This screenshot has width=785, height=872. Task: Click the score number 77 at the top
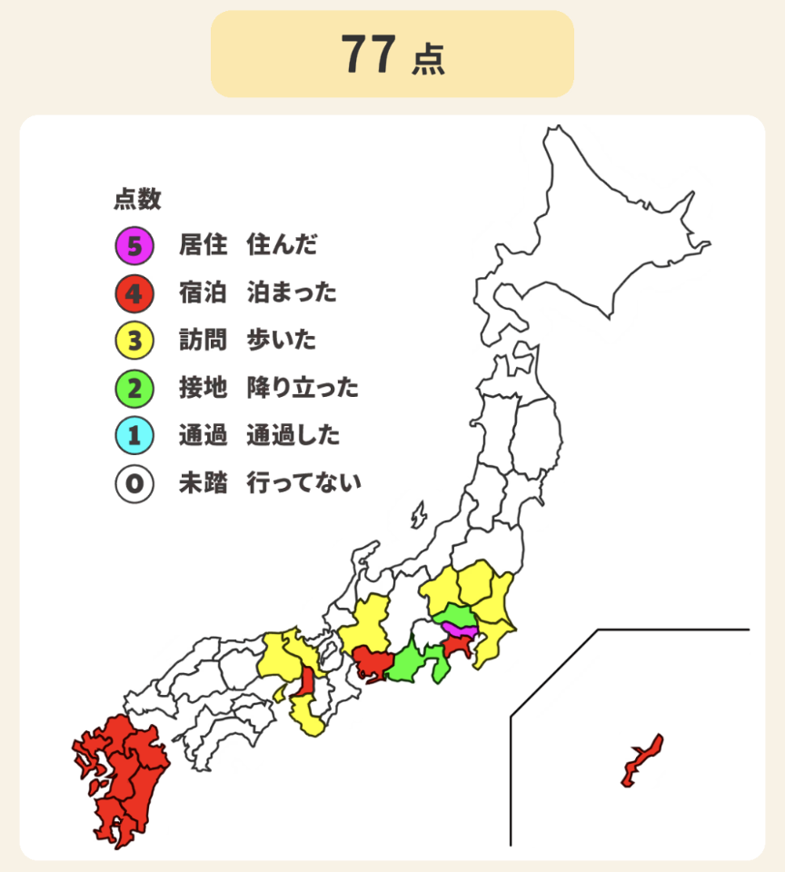click(x=368, y=54)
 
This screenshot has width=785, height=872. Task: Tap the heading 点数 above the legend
click(x=137, y=198)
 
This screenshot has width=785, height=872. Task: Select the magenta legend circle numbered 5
click(x=134, y=244)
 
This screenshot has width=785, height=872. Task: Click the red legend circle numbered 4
click(x=134, y=292)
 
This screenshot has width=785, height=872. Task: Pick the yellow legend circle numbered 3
click(x=134, y=341)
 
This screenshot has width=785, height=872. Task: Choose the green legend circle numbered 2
click(x=134, y=389)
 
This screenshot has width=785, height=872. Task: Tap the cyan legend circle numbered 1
click(x=134, y=436)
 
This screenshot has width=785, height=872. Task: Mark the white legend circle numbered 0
click(x=134, y=483)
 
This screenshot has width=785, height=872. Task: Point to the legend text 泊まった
click(x=292, y=292)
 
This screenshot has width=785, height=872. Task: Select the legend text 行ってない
click(x=303, y=483)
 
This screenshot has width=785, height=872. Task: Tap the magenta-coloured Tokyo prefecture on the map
click(x=460, y=630)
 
